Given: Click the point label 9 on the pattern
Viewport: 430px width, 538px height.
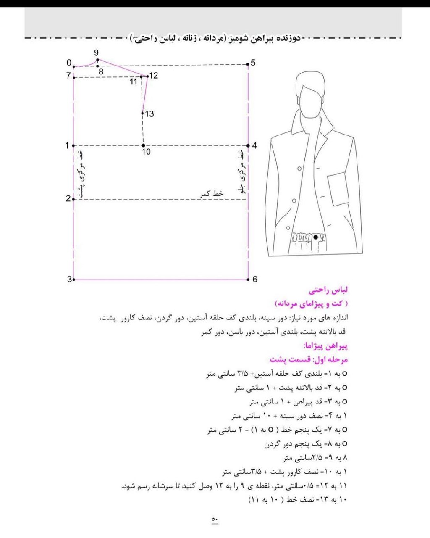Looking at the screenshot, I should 96,53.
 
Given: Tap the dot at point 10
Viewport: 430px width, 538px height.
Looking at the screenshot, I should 143,145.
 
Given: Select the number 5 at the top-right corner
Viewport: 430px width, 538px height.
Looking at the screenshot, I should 253,63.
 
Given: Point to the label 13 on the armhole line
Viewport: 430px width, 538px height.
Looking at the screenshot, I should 149,114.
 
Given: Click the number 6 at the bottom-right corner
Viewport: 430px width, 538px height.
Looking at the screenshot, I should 254,279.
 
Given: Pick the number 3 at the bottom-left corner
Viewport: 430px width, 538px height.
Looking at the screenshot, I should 69,279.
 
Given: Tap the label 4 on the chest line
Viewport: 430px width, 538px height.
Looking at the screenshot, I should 254,146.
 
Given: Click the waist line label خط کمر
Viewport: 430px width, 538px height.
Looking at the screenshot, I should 212,193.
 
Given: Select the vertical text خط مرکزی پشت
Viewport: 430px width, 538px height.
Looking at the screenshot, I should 81,174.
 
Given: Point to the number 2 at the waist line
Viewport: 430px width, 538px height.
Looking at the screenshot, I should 68,199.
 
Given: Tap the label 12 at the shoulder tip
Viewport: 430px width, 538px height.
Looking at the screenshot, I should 154,76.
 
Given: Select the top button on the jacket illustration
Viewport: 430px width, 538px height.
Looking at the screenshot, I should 299,169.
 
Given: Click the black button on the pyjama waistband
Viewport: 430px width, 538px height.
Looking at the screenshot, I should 316,237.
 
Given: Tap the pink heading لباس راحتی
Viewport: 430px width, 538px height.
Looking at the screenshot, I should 328,290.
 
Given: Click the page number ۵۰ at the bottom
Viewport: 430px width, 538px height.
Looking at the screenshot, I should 215,520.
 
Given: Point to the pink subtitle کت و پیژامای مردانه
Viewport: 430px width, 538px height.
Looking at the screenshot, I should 311,303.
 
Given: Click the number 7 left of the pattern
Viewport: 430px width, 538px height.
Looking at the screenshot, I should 68,76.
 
